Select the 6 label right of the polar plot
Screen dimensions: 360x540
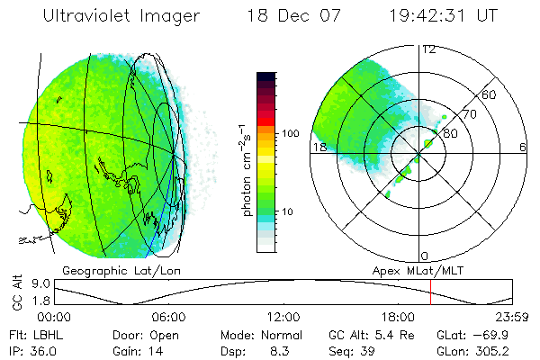tap(523, 147)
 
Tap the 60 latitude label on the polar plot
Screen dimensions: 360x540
tap(490, 94)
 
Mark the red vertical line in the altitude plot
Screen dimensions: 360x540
tap(431, 292)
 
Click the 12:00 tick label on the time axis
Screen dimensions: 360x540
tap(283, 317)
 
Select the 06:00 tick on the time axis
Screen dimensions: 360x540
tap(168, 317)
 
